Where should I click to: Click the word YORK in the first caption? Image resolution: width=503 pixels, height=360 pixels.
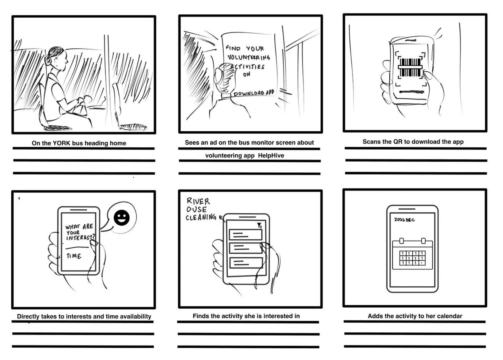click(61, 143)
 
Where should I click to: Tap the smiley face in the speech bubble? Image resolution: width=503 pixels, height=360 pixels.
click(122, 218)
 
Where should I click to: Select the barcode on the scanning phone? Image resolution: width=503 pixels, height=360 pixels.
click(410, 67)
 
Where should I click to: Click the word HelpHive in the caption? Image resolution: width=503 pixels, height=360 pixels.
click(271, 156)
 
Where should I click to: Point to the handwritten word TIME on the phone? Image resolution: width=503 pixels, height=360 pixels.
click(74, 256)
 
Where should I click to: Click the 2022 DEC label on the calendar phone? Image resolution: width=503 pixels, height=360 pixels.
click(404, 220)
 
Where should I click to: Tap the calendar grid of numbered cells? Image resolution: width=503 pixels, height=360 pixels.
click(412, 258)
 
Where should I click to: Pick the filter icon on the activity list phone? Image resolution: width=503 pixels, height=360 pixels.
click(259, 225)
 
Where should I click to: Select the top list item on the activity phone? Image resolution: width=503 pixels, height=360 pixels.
click(246, 235)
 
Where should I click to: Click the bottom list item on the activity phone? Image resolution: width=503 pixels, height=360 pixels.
click(246, 262)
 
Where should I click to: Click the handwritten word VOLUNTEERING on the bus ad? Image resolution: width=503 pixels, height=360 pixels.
click(249, 57)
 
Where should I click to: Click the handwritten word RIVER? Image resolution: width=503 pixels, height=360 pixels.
click(198, 201)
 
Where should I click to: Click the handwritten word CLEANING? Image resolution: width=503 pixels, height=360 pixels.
click(201, 218)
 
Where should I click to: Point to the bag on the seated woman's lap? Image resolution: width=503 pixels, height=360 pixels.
click(80, 108)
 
